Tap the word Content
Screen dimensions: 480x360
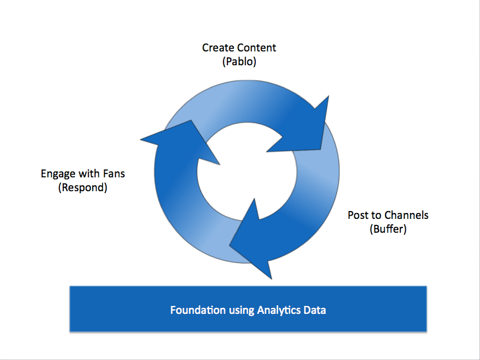click(x=256, y=47)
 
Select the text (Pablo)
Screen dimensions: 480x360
click(x=239, y=62)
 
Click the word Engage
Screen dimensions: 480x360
click(x=58, y=174)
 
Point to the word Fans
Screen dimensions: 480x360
click(x=114, y=173)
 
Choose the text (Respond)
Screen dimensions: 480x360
click(x=82, y=187)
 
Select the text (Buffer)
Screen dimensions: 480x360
click(x=388, y=229)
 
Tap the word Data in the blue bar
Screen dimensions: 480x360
click(x=315, y=310)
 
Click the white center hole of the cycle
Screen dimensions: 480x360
click(x=247, y=171)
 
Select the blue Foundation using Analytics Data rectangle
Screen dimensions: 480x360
click(x=248, y=309)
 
